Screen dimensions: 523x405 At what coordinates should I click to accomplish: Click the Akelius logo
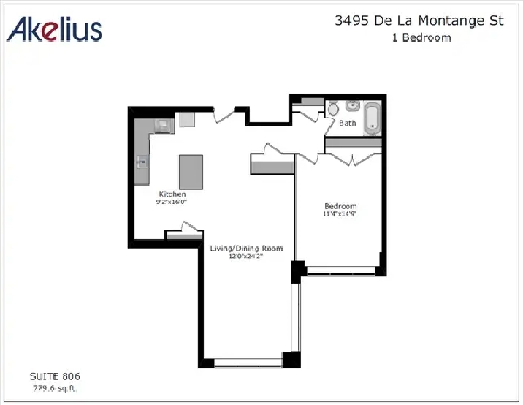click(x=54, y=29)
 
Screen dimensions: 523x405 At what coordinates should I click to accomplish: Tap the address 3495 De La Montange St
click(x=419, y=20)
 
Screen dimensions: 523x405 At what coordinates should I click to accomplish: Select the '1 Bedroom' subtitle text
click(x=421, y=37)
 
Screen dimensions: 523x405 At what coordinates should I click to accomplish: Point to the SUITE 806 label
click(x=55, y=376)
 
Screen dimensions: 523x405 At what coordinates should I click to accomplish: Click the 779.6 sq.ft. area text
click(x=55, y=388)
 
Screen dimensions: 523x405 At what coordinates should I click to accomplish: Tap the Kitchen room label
click(x=172, y=194)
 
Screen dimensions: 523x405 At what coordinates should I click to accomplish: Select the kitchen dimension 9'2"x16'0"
click(x=172, y=202)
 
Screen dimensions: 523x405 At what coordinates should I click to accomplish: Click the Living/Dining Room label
click(x=246, y=249)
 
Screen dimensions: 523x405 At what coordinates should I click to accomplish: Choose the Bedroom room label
click(x=340, y=206)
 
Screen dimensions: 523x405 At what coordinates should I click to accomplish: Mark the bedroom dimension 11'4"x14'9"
click(x=340, y=214)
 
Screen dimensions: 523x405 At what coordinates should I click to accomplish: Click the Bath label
click(x=348, y=124)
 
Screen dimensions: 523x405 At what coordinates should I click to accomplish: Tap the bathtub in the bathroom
click(x=372, y=118)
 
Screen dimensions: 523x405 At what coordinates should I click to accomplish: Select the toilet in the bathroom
click(x=333, y=108)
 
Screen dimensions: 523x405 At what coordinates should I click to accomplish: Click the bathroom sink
click(x=352, y=106)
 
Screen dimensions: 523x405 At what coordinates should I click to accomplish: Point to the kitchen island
click(x=191, y=173)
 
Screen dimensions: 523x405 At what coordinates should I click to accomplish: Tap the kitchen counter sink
click(x=142, y=162)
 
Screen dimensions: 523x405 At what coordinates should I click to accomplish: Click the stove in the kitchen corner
click(x=164, y=126)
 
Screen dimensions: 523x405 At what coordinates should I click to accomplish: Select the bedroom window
click(x=341, y=270)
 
